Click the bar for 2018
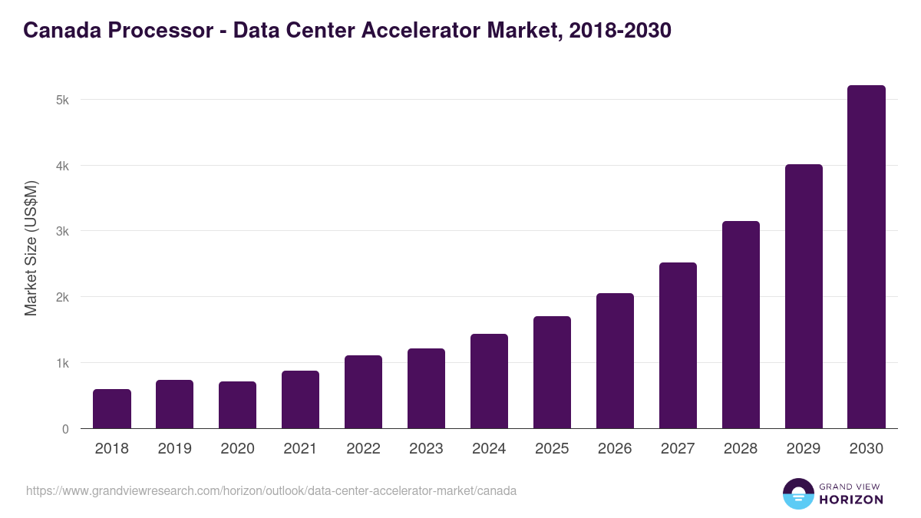point(112,409)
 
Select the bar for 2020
point(238,405)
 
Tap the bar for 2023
point(426,388)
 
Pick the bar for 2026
point(615,361)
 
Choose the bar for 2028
point(741,325)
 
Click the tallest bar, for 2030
point(867,257)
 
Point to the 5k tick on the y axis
point(62,100)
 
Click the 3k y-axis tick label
point(62,232)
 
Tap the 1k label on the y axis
point(62,363)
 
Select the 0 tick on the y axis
point(65,429)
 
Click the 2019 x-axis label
point(175,449)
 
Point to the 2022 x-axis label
point(363,449)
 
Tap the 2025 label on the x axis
point(552,449)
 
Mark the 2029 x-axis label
point(804,449)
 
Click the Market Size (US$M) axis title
point(31,248)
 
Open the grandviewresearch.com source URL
point(271,490)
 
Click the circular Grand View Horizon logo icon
point(798,493)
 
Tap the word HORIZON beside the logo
point(852,500)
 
